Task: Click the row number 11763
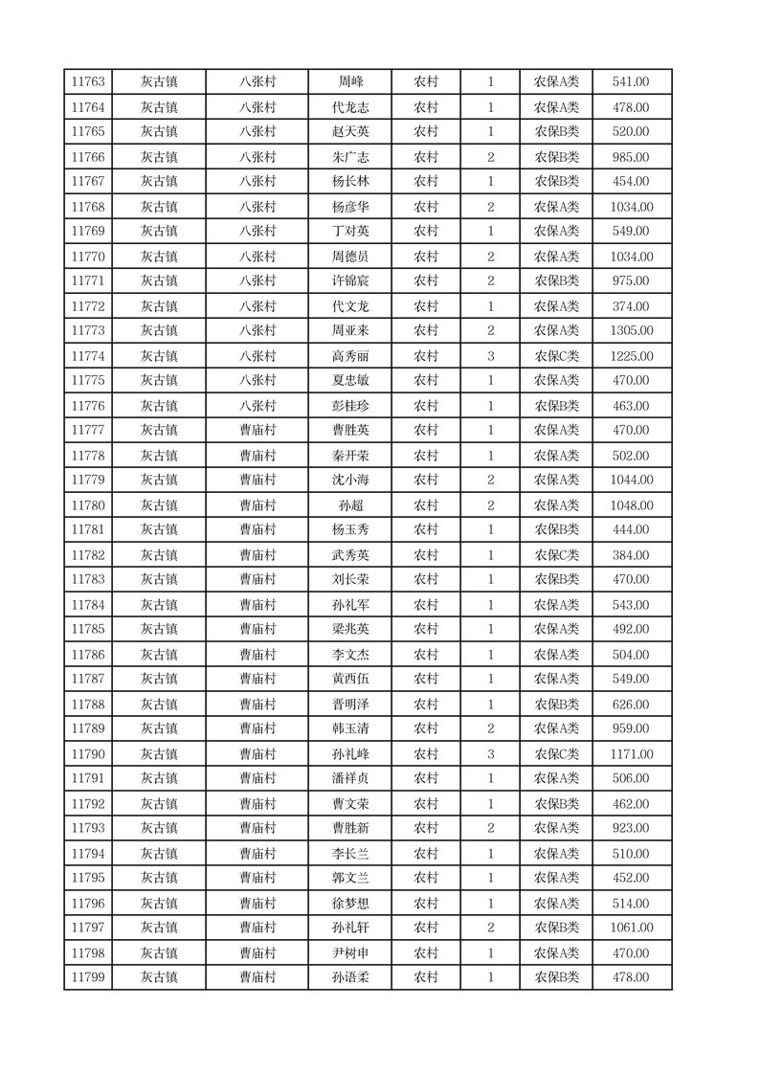(x=88, y=82)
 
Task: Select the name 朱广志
(x=350, y=157)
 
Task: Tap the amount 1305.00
(x=631, y=331)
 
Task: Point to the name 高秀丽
(x=350, y=356)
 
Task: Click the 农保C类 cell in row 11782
(x=556, y=555)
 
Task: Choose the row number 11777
(x=88, y=431)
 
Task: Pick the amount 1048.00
(x=631, y=505)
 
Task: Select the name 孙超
(x=350, y=505)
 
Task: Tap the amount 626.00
(x=631, y=705)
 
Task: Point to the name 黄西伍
(x=350, y=680)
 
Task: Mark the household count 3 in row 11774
(x=491, y=356)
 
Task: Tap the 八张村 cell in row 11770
(x=257, y=257)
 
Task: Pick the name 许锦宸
(x=350, y=281)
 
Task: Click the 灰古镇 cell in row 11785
(x=159, y=630)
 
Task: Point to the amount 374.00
(x=631, y=306)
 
